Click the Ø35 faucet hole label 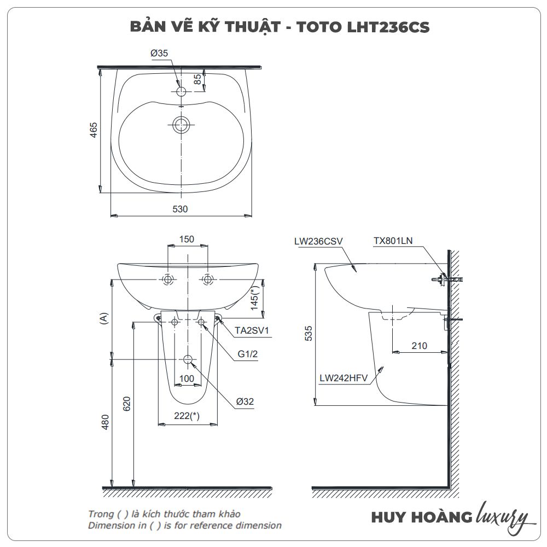(159, 53)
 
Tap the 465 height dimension (94, 130)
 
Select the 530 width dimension (180, 209)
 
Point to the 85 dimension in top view (197, 79)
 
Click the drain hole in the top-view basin (181, 125)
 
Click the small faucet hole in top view (181, 91)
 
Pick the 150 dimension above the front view (187, 240)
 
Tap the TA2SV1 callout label (252, 330)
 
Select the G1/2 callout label (248, 354)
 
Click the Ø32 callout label (245, 401)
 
